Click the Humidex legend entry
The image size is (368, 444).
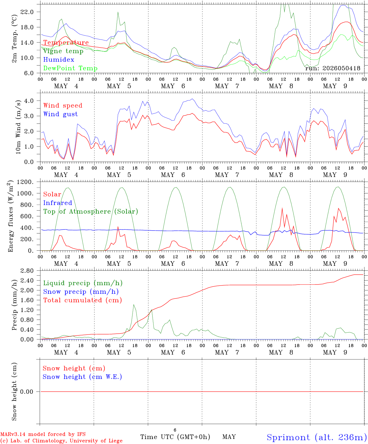click(x=59, y=60)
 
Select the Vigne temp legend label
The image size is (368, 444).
click(x=63, y=51)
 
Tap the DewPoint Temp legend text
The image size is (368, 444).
click(x=70, y=68)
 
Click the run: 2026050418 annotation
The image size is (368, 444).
click(x=333, y=68)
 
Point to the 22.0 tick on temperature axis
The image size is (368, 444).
click(x=27, y=12)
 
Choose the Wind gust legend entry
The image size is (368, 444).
click(x=61, y=114)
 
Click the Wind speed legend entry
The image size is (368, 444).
click(x=63, y=106)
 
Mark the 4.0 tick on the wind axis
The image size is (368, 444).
click(x=29, y=101)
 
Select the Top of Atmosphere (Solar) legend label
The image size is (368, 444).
click(x=91, y=212)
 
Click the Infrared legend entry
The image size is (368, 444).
click(x=58, y=203)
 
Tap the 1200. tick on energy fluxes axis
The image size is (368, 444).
click(x=25, y=182)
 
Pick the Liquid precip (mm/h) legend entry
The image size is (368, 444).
click(x=83, y=283)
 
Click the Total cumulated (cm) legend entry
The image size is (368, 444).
click(x=83, y=300)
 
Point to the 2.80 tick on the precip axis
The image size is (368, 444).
click(x=27, y=271)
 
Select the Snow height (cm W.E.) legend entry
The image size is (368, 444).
click(x=82, y=377)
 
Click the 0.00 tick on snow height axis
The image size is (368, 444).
click(x=27, y=392)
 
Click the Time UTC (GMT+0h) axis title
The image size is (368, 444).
click(x=175, y=437)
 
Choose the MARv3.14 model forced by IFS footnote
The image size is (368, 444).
click(x=43, y=434)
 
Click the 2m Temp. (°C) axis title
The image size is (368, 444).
click(x=14, y=39)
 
